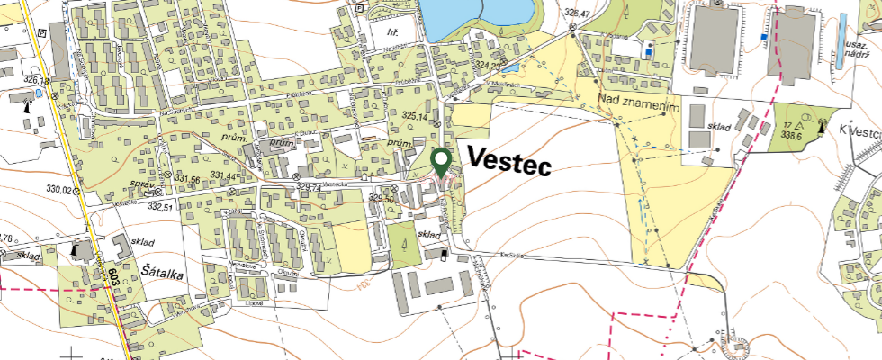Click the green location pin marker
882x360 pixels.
[x=441, y=162]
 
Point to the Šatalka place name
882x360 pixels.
[x=162, y=268]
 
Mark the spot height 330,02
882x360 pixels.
[x=59, y=189]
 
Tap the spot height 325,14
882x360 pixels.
[x=415, y=116]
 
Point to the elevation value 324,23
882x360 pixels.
[x=486, y=66]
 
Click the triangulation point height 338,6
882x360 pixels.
[x=793, y=130]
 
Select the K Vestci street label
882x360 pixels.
[x=859, y=131]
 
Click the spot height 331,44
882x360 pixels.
[x=221, y=178]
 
